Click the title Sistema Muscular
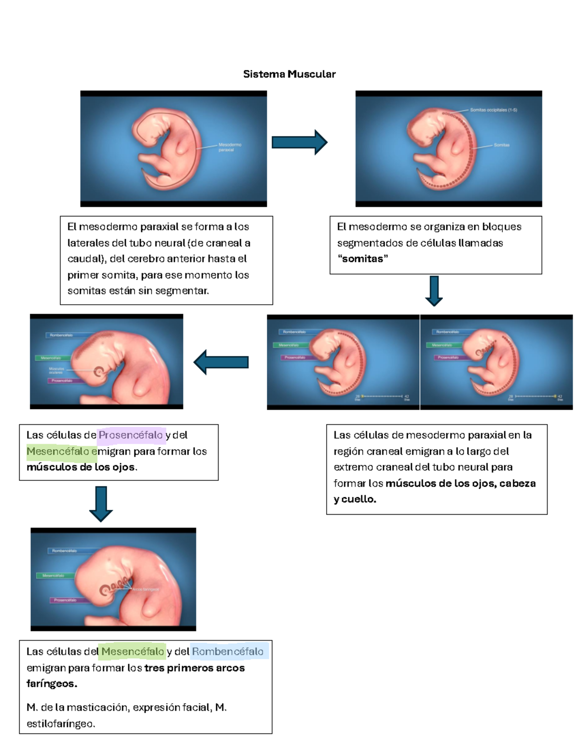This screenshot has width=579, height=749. [289, 74]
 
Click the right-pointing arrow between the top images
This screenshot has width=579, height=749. [300, 142]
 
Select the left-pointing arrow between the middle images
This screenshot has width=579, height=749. [221, 362]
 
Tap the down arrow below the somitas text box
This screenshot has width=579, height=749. [434, 291]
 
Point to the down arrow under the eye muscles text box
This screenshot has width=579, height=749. [101, 504]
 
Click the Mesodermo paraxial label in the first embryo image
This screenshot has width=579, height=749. [230, 147]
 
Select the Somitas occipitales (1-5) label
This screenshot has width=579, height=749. [493, 110]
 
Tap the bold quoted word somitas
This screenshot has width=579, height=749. [362, 259]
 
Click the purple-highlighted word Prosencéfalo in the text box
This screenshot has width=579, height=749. [131, 435]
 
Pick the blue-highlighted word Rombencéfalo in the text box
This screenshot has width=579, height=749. [228, 652]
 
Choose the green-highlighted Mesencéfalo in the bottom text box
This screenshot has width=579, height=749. [132, 652]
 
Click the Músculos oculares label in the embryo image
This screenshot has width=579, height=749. [56, 370]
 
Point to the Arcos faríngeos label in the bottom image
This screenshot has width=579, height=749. [145, 589]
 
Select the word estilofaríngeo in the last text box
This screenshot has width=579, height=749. [60, 723]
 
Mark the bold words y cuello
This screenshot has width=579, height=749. [355, 499]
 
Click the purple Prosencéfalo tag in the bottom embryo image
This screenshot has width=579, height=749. [65, 600]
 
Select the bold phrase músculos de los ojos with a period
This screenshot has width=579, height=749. [82, 467]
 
